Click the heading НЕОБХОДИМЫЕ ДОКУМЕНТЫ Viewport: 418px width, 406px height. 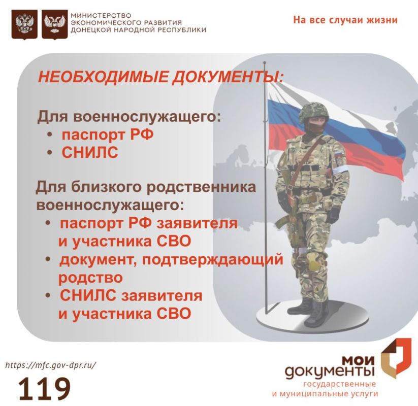pyautogui.click(x=160, y=78)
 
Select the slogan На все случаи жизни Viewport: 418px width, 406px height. pyautogui.click(x=345, y=20)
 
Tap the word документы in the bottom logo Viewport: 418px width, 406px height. pyautogui.click(x=330, y=371)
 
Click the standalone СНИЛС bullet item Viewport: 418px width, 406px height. pyautogui.click(x=90, y=153)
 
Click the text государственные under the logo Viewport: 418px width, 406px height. pyautogui.click(x=339, y=384)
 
